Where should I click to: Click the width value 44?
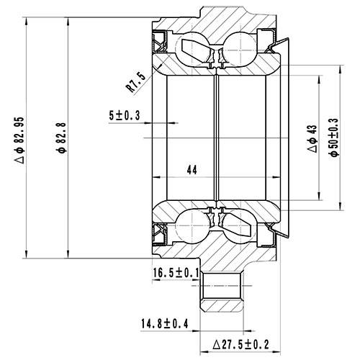(192, 170)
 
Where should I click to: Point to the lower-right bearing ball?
(238, 224)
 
